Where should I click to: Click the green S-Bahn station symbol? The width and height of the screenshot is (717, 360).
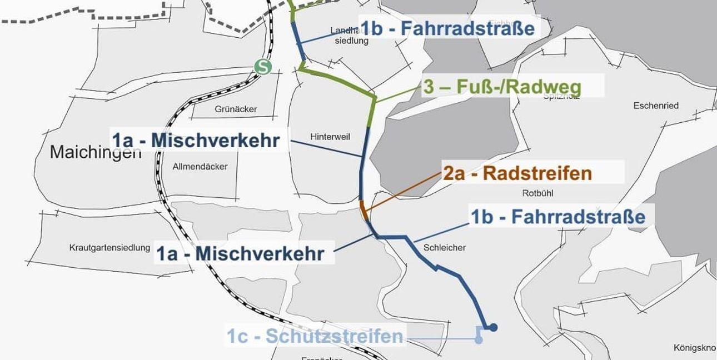tap(263, 67)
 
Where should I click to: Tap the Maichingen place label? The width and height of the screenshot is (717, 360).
tap(96, 151)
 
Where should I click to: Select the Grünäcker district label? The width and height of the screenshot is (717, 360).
tap(236, 109)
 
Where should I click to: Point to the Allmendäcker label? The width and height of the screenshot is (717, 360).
tap(200, 166)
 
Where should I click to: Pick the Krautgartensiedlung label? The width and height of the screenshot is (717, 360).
tap(109, 248)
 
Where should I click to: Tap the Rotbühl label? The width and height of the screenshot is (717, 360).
tap(538, 193)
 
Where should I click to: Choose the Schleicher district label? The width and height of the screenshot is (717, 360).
tap(444, 248)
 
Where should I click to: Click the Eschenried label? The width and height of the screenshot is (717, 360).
tap(656, 106)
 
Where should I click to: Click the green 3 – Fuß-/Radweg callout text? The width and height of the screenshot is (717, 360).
tap(502, 87)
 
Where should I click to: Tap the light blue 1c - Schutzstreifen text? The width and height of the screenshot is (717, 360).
tap(315, 336)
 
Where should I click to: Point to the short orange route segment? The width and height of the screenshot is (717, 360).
tap(364, 211)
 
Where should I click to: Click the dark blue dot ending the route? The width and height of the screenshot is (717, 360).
tap(492, 327)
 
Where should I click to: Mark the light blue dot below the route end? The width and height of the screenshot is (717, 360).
tap(479, 341)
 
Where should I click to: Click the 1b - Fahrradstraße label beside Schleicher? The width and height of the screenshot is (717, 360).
tap(558, 217)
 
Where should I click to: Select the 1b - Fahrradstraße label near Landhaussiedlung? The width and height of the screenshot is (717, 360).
tap(447, 28)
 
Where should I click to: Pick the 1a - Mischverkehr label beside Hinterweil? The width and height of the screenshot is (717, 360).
tap(196, 141)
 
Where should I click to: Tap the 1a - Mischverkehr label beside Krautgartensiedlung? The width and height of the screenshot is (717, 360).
tap(240, 254)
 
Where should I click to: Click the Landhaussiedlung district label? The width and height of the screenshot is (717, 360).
tap(349, 36)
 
